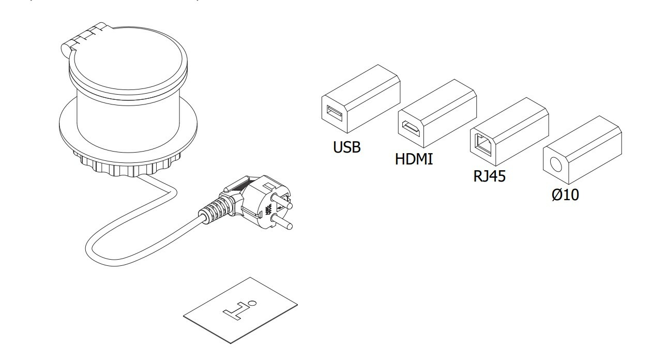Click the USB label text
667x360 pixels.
pos(346,147)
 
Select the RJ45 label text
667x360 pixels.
pos(489,177)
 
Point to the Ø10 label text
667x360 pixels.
pos(565,196)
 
